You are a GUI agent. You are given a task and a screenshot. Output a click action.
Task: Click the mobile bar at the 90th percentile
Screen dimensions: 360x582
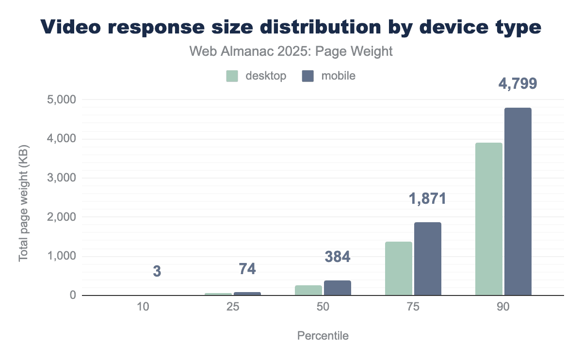tap(517, 201)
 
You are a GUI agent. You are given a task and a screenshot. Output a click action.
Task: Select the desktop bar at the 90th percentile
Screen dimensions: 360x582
tap(488, 219)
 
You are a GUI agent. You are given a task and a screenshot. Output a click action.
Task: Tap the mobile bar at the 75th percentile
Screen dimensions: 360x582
tap(427, 259)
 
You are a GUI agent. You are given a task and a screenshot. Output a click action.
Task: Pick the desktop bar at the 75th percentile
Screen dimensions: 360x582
tap(399, 268)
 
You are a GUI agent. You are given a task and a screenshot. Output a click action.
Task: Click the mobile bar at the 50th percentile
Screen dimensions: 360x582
tap(337, 288)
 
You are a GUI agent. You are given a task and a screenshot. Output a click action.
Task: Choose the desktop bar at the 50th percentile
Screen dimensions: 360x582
tap(308, 290)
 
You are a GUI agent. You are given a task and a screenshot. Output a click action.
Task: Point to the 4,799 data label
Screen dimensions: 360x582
tap(517, 84)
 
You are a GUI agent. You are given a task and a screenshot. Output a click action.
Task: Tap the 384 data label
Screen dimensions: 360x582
tap(337, 257)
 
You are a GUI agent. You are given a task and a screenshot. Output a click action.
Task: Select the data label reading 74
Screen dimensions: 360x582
tap(247, 269)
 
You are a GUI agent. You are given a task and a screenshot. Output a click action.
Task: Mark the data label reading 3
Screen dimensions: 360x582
tap(157, 272)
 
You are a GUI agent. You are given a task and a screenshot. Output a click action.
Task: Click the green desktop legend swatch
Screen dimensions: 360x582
tap(232, 76)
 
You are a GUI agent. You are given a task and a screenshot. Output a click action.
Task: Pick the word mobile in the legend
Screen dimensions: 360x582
tap(338, 76)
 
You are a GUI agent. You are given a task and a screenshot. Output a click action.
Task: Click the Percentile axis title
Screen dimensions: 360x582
tap(323, 336)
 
